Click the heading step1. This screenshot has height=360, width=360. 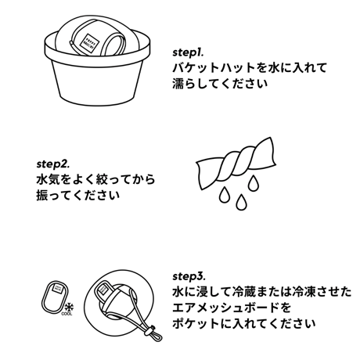pos(188,52)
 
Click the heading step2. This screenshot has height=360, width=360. pos(53,164)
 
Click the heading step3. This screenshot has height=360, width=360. pos(189,276)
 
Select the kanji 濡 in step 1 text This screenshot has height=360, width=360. pos(178,84)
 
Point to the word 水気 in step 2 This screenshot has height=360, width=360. pos(48,180)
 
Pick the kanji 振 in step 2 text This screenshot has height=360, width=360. pos(42,196)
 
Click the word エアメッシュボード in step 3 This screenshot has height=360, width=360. pos(225,308)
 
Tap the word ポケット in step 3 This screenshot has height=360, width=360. pos(196,323)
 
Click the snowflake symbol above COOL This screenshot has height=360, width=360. pos(69,308)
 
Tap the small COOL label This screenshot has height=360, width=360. pos(67,314)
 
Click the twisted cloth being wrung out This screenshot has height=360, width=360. pos(236,163)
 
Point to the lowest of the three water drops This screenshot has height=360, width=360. pos(241,202)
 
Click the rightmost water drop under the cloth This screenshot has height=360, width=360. pos(253,183)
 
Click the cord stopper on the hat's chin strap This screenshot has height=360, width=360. pos(149,331)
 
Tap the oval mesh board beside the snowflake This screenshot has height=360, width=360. pos(55,297)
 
